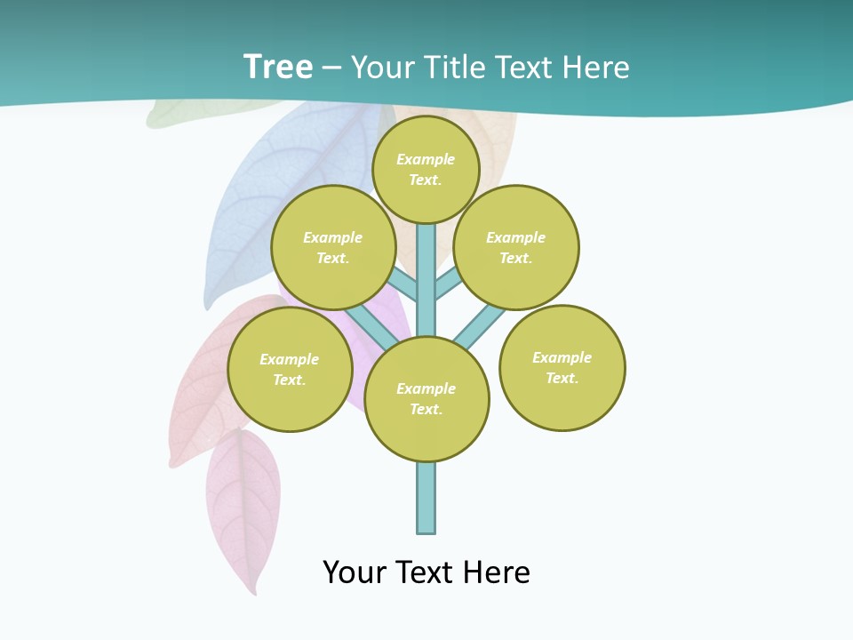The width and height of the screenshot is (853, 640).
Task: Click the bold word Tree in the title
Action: click(278, 67)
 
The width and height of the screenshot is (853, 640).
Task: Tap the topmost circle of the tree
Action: click(426, 169)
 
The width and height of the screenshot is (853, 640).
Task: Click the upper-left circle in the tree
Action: click(333, 247)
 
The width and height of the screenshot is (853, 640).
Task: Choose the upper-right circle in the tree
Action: click(516, 247)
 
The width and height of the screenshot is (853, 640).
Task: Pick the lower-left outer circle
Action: click(290, 369)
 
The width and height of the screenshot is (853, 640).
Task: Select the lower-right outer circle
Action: click(562, 368)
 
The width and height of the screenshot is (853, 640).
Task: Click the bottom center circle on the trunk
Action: click(426, 398)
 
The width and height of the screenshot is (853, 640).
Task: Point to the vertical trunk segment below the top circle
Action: click(426, 267)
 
